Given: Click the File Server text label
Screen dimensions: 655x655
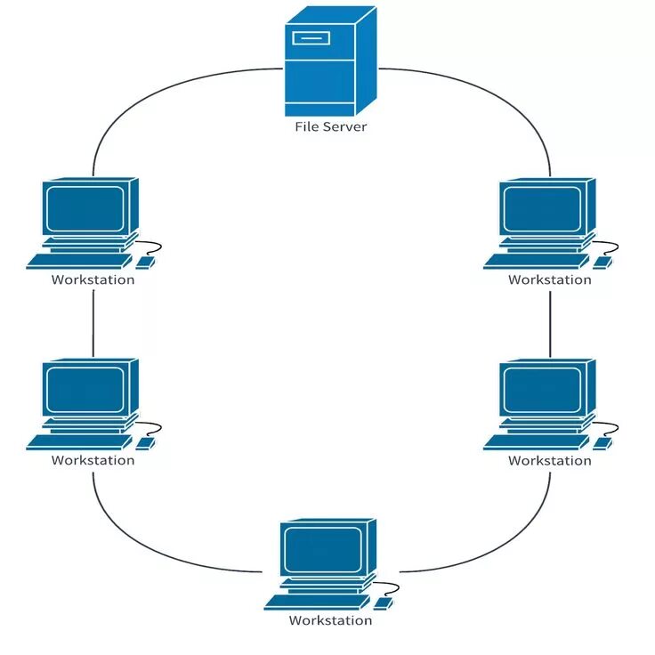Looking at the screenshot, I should (x=330, y=127).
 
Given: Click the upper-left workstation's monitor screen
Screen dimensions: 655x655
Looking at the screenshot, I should (x=85, y=209).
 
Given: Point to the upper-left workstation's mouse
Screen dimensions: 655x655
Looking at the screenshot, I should (x=145, y=263).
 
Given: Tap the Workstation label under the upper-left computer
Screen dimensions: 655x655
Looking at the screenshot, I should (x=93, y=279).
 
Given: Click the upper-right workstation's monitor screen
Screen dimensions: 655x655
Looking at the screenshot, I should (x=541, y=209).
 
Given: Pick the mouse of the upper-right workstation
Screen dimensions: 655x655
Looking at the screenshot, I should (x=602, y=263).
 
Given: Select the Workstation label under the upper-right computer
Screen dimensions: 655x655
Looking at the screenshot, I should (x=550, y=279).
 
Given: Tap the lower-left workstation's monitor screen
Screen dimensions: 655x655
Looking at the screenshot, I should (x=85, y=390).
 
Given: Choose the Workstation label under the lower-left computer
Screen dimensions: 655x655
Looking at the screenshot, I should (x=93, y=460).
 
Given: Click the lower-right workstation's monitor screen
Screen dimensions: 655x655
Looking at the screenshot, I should (x=541, y=390).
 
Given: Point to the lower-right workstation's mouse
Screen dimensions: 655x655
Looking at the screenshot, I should (x=602, y=442).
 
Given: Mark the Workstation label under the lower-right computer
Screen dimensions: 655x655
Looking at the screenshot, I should (x=550, y=460).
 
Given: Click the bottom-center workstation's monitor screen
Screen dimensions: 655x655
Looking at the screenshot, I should (x=322, y=550).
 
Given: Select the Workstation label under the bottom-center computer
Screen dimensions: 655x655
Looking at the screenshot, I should (x=330, y=620).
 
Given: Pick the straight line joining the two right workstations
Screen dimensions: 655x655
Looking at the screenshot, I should (x=550, y=322).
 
